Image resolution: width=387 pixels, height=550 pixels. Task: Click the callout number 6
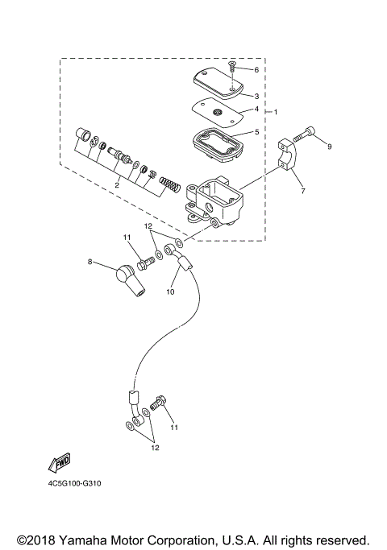point(256,70)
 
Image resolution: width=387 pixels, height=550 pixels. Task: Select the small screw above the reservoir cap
point(232,67)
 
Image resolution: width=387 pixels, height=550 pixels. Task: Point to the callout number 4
point(256,109)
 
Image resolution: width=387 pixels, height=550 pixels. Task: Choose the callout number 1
point(276,111)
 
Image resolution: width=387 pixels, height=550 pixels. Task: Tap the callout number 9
point(330,147)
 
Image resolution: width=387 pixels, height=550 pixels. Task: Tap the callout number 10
point(171,292)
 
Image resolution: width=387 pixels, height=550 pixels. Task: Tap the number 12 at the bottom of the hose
point(153,448)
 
